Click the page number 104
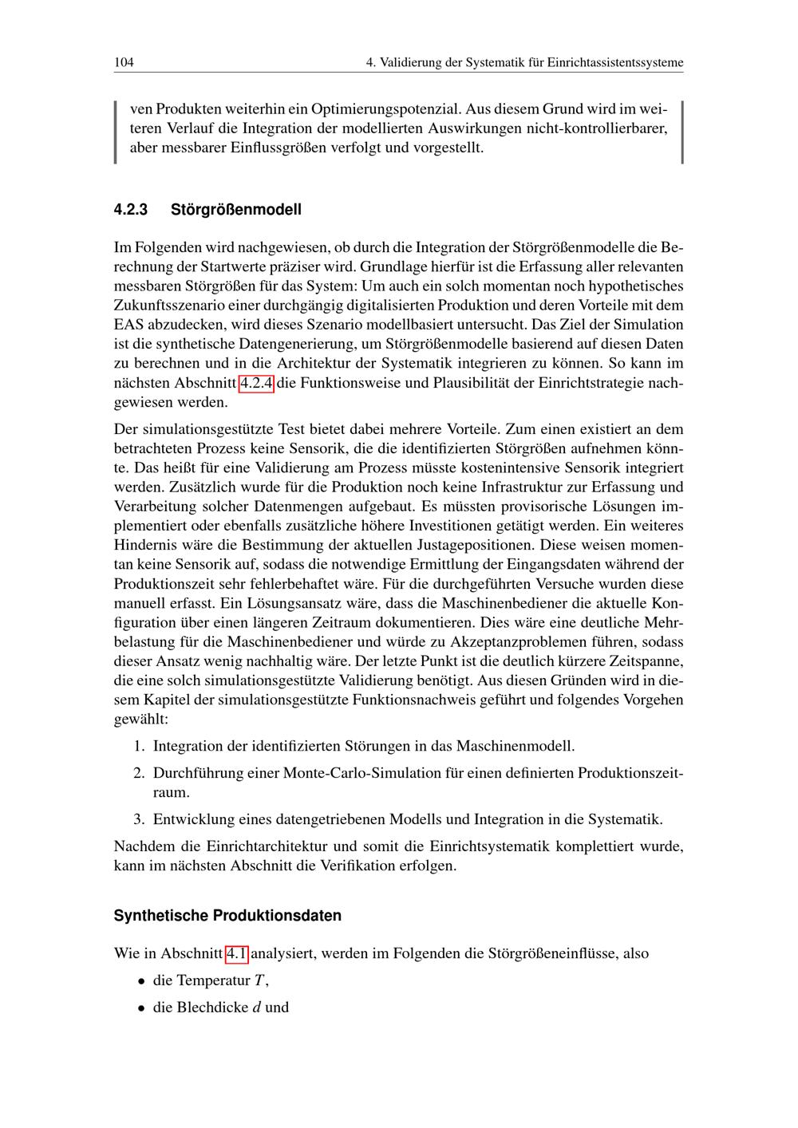(124, 62)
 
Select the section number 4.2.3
(132, 210)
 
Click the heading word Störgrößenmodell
(236, 210)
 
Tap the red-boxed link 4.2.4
(257, 383)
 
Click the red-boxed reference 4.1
(237, 953)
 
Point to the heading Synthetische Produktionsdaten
(227, 916)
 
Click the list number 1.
(138, 746)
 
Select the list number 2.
(138, 773)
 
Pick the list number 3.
(138, 819)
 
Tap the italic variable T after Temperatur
(259, 980)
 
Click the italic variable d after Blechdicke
(256, 1008)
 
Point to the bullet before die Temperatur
(140, 981)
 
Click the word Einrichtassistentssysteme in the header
(615, 62)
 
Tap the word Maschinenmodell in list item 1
(515, 746)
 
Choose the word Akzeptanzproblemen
(518, 642)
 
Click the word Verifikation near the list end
(356, 866)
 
